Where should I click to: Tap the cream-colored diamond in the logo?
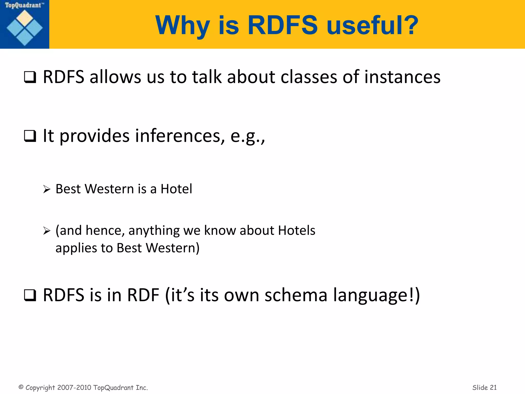25,18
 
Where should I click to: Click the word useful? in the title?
372,25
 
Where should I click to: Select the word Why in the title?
182,25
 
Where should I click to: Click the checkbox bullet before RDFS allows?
30,77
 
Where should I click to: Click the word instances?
402,77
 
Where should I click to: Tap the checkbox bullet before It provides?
30,136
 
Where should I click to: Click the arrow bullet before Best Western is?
47,190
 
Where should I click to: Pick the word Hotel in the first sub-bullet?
176,189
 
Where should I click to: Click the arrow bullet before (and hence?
47,231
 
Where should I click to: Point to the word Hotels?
297,230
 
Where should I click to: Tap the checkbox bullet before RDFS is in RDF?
30,295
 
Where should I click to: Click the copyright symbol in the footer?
21,387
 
